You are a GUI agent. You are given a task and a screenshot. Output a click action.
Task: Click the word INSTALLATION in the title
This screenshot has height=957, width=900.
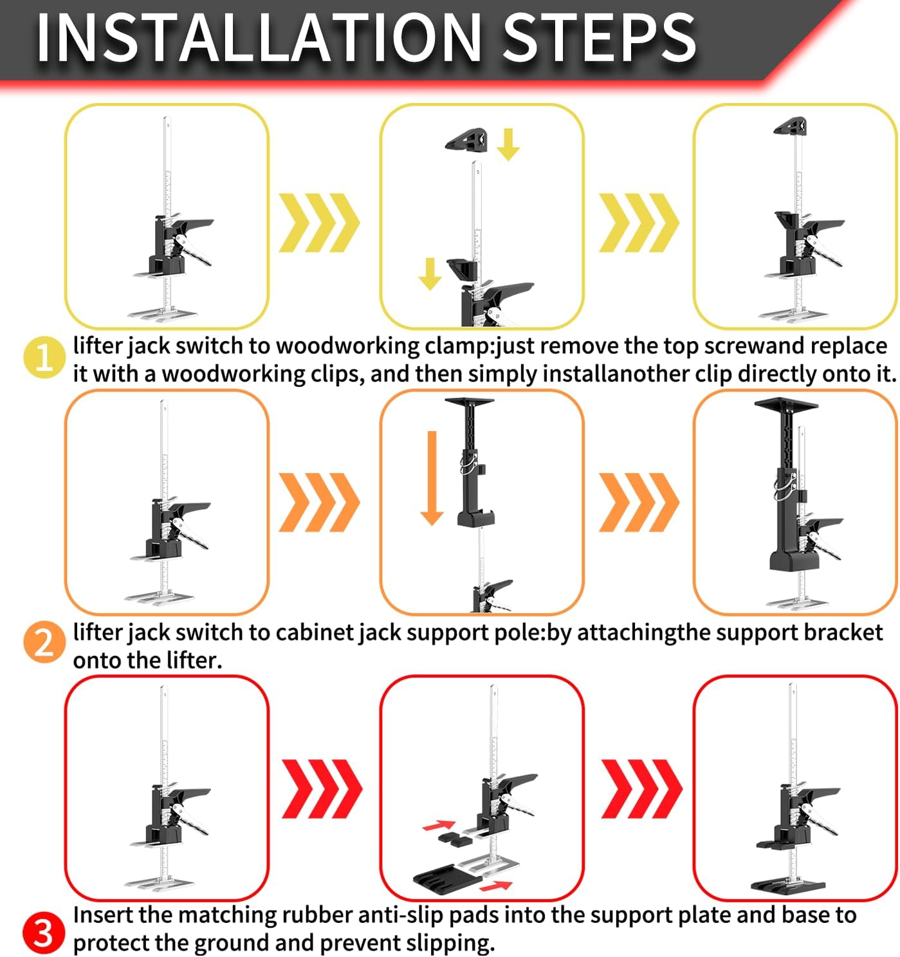coord(259,37)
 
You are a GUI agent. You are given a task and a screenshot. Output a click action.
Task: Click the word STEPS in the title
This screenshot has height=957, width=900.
coord(600,37)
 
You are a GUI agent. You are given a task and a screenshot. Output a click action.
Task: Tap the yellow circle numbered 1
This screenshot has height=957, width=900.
coord(44,357)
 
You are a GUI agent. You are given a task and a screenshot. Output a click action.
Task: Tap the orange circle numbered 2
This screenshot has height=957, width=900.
coord(44,642)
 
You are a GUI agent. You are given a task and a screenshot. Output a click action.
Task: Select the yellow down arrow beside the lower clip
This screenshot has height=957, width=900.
coord(430,274)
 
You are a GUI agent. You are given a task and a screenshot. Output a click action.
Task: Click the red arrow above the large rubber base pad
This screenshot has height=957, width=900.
coord(496,886)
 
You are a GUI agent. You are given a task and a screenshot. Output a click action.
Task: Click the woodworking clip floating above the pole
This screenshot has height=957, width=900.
coord(466,139)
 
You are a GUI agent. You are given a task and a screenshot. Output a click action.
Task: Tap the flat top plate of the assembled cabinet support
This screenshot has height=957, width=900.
coord(786,404)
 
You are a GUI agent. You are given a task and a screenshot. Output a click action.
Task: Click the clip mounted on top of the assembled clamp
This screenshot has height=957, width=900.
coord(791,125)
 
